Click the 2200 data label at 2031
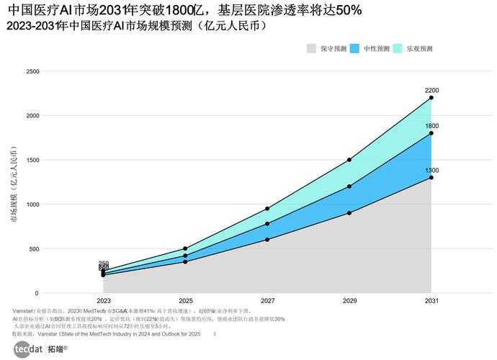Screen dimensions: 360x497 click(x=431, y=91)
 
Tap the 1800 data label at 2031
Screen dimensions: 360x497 click(x=431, y=126)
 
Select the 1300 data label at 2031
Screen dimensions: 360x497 click(x=431, y=171)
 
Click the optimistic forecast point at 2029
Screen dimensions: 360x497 click(x=349, y=160)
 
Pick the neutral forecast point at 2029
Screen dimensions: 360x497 click(x=349, y=186)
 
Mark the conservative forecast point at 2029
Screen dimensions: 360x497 click(x=349, y=213)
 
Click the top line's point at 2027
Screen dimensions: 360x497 click(x=267, y=209)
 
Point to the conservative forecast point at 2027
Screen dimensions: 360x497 click(x=267, y=240)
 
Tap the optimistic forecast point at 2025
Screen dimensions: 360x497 click(x=185, y=249)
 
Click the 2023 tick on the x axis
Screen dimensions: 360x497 click(x=104, y=300)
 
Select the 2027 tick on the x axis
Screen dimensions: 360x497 click(x=267, y=300)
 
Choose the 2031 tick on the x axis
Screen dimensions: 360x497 click(x=431, y=300)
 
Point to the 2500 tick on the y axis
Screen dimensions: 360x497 click(x=32, y=71)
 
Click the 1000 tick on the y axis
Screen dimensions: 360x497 click(x=32, y=204)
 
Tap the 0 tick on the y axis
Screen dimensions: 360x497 click(x=36, y=294)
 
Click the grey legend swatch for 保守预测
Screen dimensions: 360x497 click(x=311, y=49)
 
